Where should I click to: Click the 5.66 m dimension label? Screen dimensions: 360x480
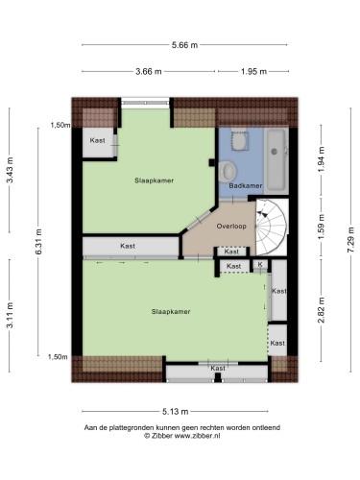click(184, 45)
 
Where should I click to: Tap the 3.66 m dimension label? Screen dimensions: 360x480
click(149, 71)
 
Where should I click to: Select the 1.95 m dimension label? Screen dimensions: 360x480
click(253, 71)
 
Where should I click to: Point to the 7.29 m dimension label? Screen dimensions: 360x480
click(351, 240)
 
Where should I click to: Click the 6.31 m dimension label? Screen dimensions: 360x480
click(38, 242)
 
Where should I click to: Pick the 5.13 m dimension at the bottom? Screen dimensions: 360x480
click(175, 412)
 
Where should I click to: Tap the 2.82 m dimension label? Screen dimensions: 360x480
click(322, 310)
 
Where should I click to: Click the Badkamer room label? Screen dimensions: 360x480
click(246, 185)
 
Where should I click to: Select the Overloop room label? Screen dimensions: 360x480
click(231, 227)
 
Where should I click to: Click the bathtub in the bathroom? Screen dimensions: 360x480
click(276, 160)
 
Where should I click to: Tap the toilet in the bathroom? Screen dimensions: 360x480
click(228, 171)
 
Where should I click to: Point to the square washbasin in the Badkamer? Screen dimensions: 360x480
click(239, 140)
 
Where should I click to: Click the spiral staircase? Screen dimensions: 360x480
click(272, 228)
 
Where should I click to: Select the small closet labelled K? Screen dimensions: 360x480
click(260, 265)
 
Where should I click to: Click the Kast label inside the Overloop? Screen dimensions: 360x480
click(231, 252)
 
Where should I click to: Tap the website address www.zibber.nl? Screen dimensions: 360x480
click(197, 436)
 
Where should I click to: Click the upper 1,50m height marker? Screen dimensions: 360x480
click(60, 125)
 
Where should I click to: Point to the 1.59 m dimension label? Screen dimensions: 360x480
click(322, 226)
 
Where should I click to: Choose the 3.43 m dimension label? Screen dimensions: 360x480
click(11, 170)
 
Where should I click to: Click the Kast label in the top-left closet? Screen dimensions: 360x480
click(97, 140)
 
